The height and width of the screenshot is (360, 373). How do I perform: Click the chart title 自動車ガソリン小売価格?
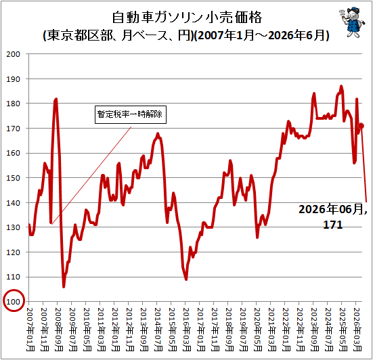[187, 17]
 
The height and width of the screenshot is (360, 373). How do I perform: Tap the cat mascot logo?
[351, 22]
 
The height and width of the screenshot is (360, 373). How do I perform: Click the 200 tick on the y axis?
[13, 54]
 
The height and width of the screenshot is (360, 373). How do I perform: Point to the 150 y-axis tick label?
[13, 178]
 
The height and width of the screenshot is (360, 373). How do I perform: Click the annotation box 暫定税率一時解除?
[131, 114]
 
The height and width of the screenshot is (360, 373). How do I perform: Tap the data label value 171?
[333, 225]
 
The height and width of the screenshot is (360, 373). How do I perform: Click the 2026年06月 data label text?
[333, 209]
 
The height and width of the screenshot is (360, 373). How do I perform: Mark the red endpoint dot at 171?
[361, 126]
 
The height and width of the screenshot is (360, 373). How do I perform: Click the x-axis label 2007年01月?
[30, 330]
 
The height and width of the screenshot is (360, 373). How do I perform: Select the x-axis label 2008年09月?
[58, 330]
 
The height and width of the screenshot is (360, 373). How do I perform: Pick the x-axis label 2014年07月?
[158, 330]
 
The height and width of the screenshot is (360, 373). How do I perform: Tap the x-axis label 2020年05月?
[258, 330]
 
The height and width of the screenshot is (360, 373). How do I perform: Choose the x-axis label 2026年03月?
[357, 330]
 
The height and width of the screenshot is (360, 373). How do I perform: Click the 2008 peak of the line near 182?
[56, 99]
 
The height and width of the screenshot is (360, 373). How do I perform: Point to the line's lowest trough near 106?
[64, 287]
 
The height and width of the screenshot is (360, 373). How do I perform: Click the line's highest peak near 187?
[341, 87]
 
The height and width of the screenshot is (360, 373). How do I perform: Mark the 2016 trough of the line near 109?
[186, 279]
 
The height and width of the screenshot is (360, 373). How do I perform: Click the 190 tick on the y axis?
[13, 79]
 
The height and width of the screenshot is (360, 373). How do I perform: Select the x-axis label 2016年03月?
[187, 330]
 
